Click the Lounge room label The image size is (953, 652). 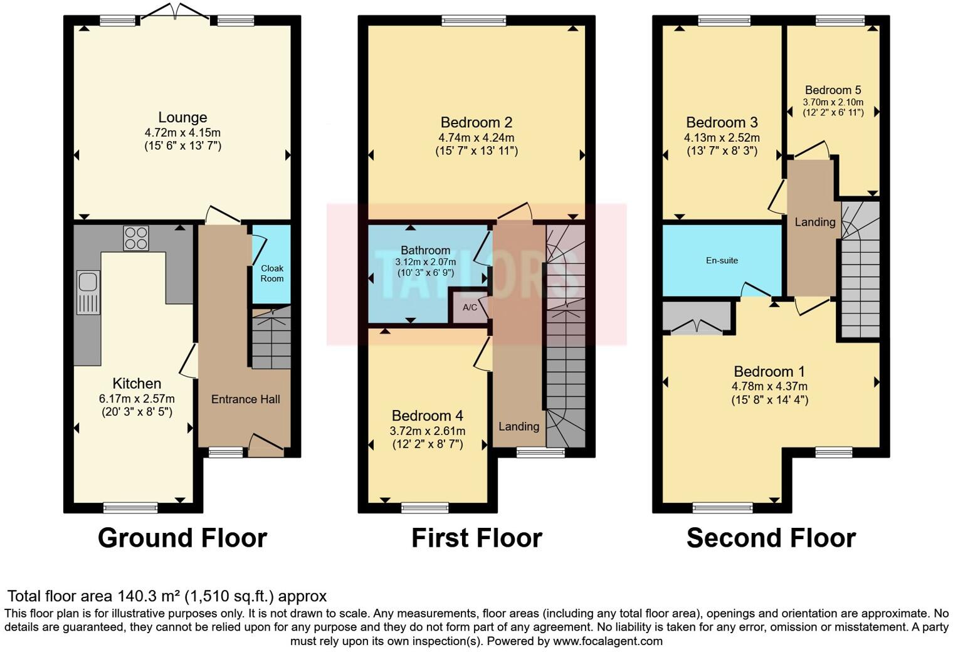(182, 117)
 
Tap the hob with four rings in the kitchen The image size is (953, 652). (136, 238)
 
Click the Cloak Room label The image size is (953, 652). (272, 273)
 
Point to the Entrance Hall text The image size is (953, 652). (245, 399)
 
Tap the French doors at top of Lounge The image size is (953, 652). (176, 12)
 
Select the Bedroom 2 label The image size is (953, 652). (476, 122)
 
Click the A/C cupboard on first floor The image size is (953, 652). (470, 307)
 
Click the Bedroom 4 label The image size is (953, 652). (428, 416)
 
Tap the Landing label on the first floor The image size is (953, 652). (519, 426)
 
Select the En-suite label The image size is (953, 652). (722, 260)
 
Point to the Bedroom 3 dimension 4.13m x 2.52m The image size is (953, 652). (722, 138)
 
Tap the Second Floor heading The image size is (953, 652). (771, 538)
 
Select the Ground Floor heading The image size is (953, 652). (182, 538)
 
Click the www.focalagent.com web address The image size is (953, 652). (608, 641)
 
